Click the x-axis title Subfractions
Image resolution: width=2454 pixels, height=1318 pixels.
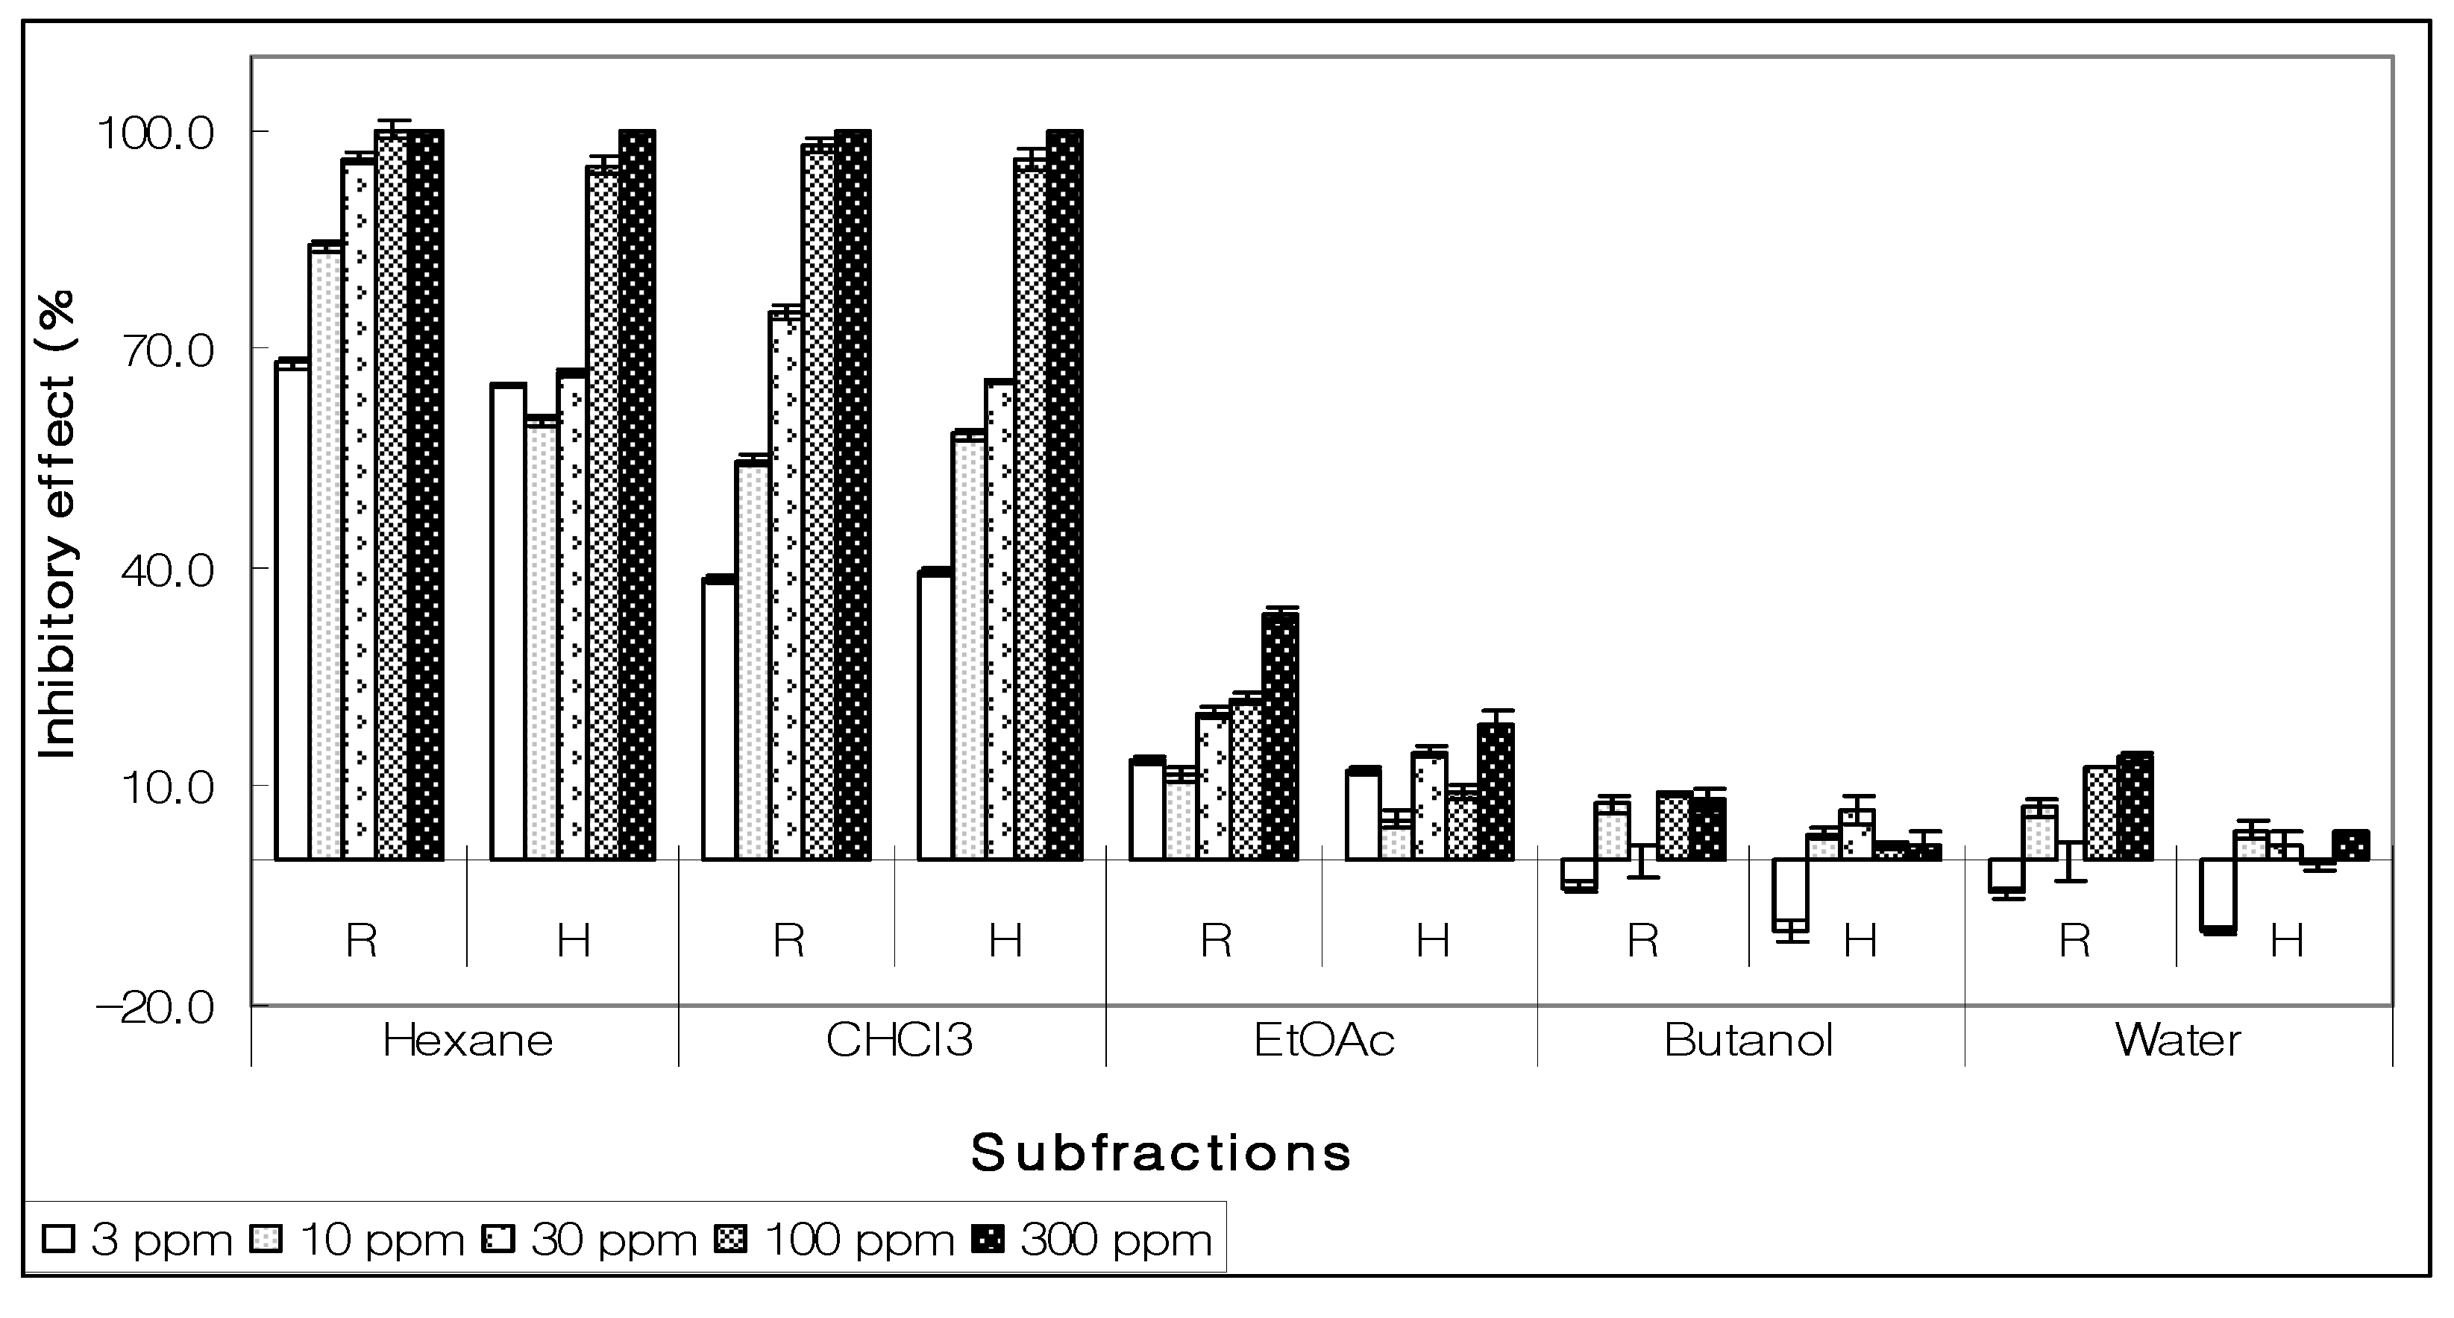click(1161, 1153)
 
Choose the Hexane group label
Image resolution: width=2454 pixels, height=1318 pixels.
click(467, 1040)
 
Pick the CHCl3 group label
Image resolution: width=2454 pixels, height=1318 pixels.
click(898, 1040)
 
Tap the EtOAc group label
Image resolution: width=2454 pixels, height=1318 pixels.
click(1323, 1040)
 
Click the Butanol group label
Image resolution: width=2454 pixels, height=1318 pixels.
click(1748, 1040)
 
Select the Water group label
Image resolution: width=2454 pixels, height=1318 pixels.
click(2178, 1040)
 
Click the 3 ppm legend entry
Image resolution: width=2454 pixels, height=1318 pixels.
click(138, 1240)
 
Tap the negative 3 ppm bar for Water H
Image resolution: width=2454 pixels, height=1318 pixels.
click(2218, 895)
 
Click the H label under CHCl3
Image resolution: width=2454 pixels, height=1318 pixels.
click(1005, 941)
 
